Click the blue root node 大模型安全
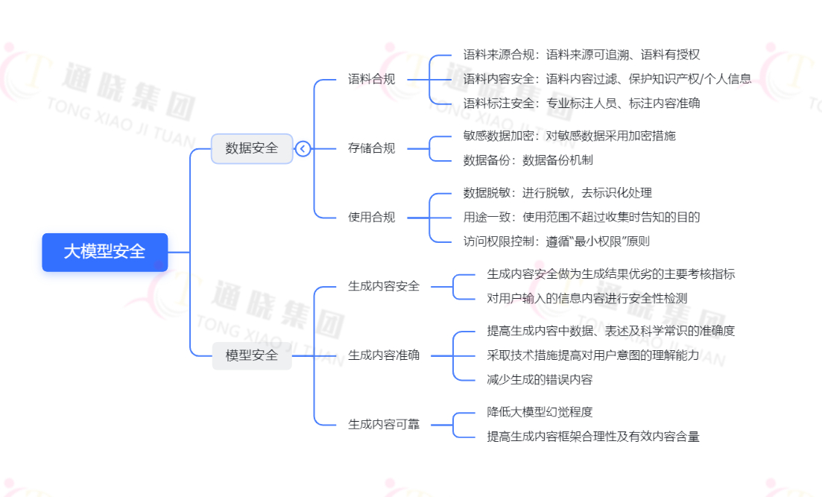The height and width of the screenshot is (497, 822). [104, 252]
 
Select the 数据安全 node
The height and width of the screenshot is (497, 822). [251, 148]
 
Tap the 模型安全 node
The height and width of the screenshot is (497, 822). [251, 355]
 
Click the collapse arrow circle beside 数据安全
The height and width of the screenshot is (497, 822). [303, 148]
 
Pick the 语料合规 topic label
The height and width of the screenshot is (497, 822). [371, 79]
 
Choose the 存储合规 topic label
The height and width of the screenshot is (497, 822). [371, 148]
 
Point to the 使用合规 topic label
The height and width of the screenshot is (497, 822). [371, 218]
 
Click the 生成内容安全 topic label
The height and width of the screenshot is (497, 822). [383, 286]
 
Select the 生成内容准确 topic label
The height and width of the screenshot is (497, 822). [383, 355]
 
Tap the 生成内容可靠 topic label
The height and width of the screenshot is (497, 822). [383, 424]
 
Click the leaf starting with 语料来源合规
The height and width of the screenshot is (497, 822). [581, 54]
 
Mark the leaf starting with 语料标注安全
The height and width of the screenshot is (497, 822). [581, 104]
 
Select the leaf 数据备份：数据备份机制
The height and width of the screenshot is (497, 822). [528, 160]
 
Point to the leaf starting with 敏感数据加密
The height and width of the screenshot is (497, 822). [569, 136]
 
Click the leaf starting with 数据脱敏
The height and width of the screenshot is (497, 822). [557, 193]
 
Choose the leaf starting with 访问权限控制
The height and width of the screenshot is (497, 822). [556, 241]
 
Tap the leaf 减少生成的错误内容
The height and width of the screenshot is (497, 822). [540, 379]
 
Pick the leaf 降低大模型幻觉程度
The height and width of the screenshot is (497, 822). [540, 412]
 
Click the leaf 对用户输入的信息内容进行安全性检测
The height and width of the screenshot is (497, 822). [587, 298]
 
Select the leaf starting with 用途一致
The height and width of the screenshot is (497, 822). [581, 217]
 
